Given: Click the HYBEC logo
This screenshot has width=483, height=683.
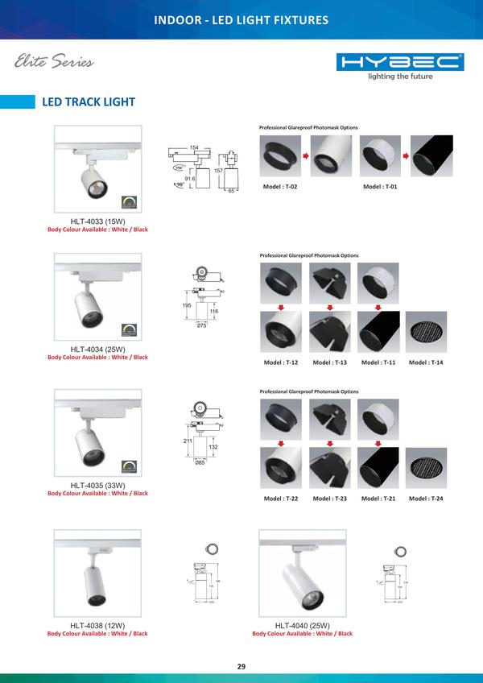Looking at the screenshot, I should [400, 62].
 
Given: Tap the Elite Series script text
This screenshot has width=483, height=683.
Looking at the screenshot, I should [54, 62].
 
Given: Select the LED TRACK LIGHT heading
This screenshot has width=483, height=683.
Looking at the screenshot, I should [89, 102].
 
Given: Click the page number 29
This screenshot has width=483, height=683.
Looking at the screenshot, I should [241, 666].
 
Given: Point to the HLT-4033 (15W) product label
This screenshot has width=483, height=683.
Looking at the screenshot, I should [97, 221].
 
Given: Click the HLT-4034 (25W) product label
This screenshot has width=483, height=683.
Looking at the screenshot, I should [97, 350].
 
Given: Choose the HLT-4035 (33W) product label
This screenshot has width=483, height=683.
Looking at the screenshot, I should [97, 486].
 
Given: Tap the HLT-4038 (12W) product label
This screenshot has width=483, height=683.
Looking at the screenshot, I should [97, 626].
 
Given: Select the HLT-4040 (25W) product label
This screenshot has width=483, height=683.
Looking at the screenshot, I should [302, 626].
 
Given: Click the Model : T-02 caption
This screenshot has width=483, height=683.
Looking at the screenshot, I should [280, 186].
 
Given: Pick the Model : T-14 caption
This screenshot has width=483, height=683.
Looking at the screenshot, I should [426, 362].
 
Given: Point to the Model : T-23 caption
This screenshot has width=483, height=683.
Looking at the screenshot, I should [329, 499].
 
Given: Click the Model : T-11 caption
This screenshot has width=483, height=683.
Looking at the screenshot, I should [378, 362].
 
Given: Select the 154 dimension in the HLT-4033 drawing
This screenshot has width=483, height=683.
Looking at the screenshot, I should [194, 147].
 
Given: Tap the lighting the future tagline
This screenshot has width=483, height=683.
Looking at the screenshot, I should [400, 77].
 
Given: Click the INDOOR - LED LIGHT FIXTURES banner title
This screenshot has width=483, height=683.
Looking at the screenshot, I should [242, 19].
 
